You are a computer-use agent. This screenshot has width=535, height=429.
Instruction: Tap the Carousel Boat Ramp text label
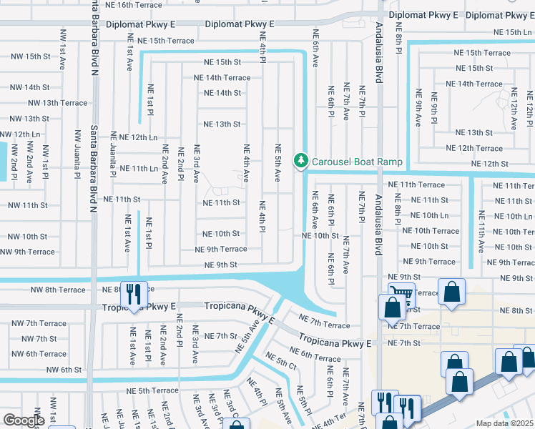click(x=357, y=162)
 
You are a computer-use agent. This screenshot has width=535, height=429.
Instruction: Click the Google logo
click(x=24, y=420)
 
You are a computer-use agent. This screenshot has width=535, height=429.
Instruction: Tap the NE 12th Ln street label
click(x=138, y=137)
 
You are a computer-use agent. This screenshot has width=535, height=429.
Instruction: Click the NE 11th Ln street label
click(x=138, y=169)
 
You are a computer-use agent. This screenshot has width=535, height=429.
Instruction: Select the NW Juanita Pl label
click(x=78, y=154)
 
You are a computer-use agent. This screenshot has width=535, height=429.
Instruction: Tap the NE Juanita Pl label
click(x=113, y=159)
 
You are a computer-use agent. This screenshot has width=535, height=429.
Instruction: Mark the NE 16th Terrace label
click(x=137, y=4)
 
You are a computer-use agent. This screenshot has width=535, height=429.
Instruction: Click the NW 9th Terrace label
click(x=28, y=252)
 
